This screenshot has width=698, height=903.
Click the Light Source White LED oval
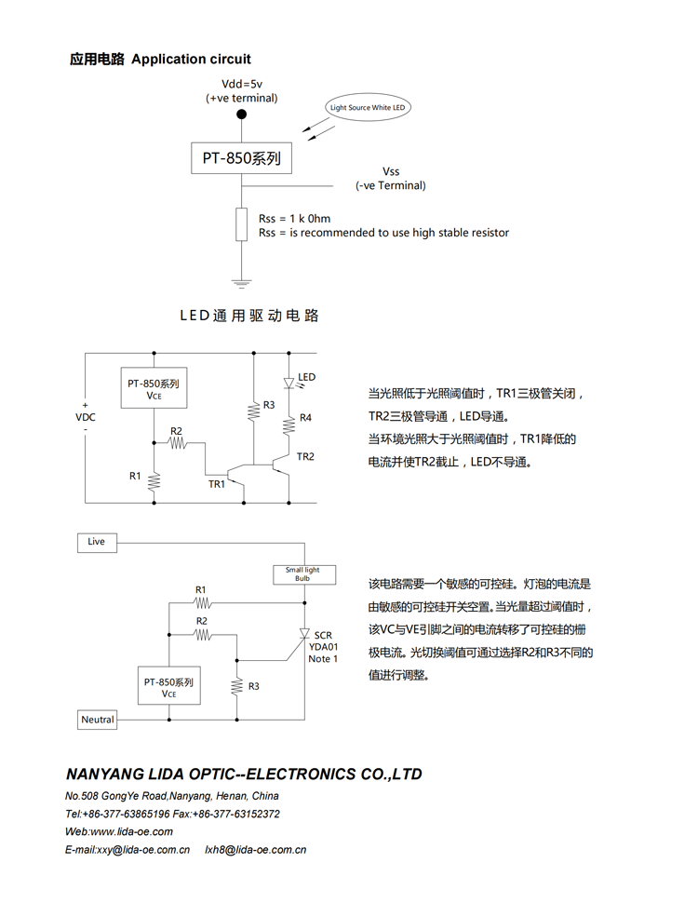369,108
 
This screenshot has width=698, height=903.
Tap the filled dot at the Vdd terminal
242,115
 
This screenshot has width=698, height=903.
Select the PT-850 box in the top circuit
241,158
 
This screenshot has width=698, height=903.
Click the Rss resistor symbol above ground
242,224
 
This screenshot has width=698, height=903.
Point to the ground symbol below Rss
242,282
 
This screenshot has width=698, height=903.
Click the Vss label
391,171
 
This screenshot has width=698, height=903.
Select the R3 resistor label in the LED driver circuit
269,405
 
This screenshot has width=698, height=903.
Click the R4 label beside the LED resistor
305,418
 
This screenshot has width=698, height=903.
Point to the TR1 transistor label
217,484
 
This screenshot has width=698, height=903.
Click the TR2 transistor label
305,456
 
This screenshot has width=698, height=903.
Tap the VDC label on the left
86,417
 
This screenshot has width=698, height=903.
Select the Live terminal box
97,542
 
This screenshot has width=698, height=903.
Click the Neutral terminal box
98,720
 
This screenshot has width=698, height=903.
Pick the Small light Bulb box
302,574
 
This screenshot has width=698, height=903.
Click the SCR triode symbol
303,636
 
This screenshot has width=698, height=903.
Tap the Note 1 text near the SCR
323,659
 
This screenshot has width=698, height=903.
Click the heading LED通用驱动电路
249,317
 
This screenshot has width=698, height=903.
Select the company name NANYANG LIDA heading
244,775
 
